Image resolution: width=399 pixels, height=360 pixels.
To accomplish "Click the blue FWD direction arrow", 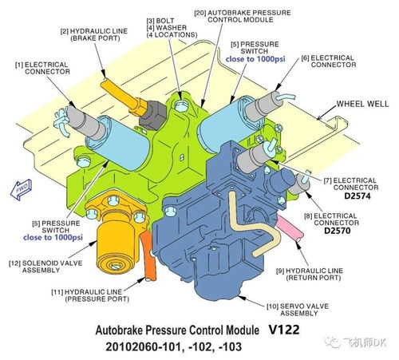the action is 21,189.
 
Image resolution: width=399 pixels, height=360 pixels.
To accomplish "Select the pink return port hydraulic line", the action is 290,228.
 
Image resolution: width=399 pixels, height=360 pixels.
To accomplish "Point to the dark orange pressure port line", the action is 148,255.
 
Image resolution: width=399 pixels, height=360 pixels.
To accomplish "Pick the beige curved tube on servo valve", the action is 252,225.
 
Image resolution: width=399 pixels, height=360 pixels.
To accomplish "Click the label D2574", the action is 357,196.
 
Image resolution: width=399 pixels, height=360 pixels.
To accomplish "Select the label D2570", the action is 337,231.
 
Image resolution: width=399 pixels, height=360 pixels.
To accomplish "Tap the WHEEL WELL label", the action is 362,104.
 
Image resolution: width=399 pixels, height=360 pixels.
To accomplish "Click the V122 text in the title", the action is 284,330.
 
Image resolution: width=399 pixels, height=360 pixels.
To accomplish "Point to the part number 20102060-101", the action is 144,346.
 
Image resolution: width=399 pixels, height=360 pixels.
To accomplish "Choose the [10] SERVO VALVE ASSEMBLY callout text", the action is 298,310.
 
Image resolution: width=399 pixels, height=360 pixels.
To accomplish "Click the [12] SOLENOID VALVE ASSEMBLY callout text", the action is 45,267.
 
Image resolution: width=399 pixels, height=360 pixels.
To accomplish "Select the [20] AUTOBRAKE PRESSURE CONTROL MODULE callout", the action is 243,16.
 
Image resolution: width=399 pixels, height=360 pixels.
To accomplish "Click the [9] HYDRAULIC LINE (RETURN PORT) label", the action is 310,275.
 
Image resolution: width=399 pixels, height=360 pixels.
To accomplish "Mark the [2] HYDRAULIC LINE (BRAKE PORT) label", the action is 94,34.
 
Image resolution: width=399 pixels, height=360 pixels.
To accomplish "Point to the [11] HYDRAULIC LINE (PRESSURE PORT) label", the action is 90,295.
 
